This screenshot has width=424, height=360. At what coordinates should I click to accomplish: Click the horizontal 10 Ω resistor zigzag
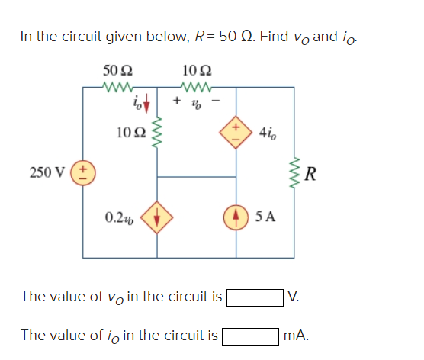[x=197, y=86]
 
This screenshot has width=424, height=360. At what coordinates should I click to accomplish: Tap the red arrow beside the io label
[x=147, y=102]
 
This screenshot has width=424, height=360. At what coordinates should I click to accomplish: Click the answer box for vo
[x=252, y=297]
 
